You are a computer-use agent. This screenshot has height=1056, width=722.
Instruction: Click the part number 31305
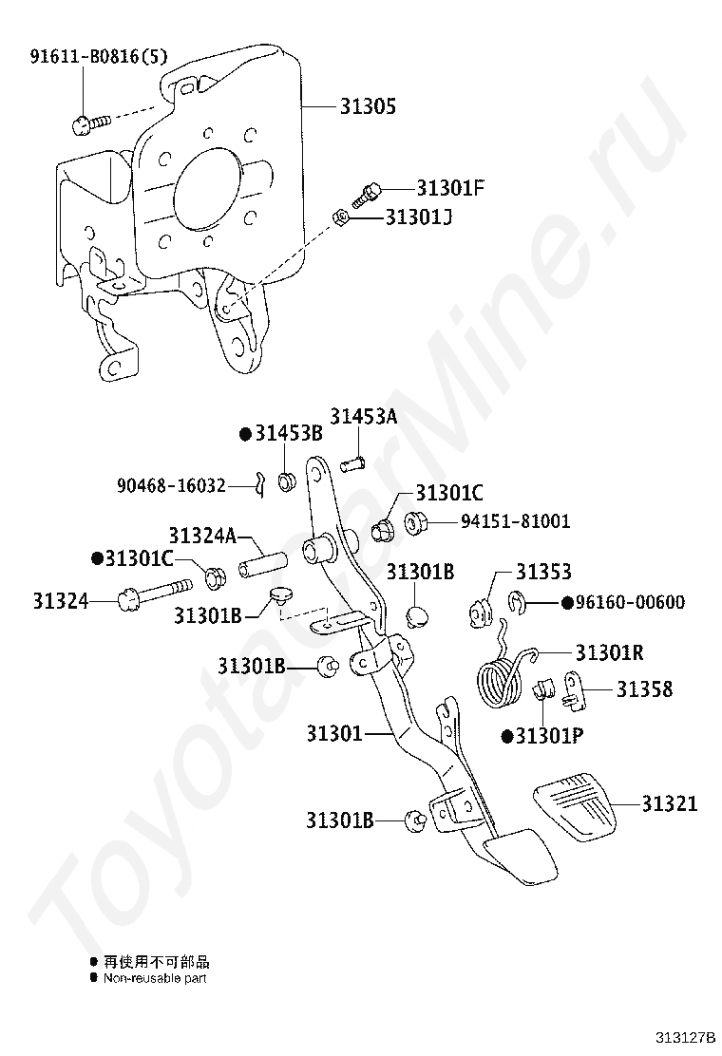tap(368, 107)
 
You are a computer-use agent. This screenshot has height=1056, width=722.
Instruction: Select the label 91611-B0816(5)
tap(99, 56)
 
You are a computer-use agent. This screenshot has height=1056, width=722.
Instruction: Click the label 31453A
tap(364, 417)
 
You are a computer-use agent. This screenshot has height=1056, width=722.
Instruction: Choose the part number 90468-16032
tap(171, 485)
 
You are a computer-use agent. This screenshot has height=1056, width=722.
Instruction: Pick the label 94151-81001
tap(515, 521)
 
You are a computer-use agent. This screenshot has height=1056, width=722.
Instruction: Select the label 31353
tap(543, 572)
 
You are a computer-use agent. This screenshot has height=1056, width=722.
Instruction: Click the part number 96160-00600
tap(630, 602)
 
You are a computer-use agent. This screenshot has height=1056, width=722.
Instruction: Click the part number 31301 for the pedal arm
tap(334, 733)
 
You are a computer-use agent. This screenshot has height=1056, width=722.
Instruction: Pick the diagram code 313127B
tap(683, 1036)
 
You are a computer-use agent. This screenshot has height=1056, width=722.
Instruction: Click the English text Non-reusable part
tap(155, 977)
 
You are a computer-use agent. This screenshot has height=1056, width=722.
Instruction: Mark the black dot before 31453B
tap(245, 434)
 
